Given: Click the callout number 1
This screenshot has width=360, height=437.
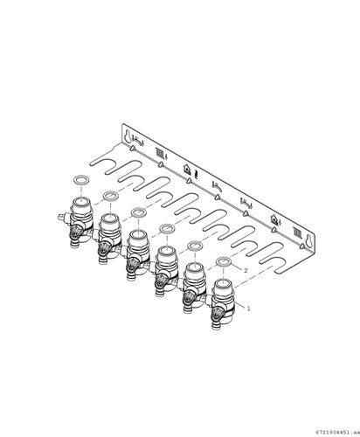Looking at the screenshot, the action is coord(248,309).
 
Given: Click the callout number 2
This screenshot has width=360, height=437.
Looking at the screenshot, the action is coord(246,271).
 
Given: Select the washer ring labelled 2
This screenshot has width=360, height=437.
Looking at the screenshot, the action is coord(224,262).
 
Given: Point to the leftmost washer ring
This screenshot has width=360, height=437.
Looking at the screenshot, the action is coord(81,180).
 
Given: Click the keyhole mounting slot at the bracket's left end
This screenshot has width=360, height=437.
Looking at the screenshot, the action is coord(128,136).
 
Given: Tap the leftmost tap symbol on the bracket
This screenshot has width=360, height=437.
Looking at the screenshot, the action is coord(138,141).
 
